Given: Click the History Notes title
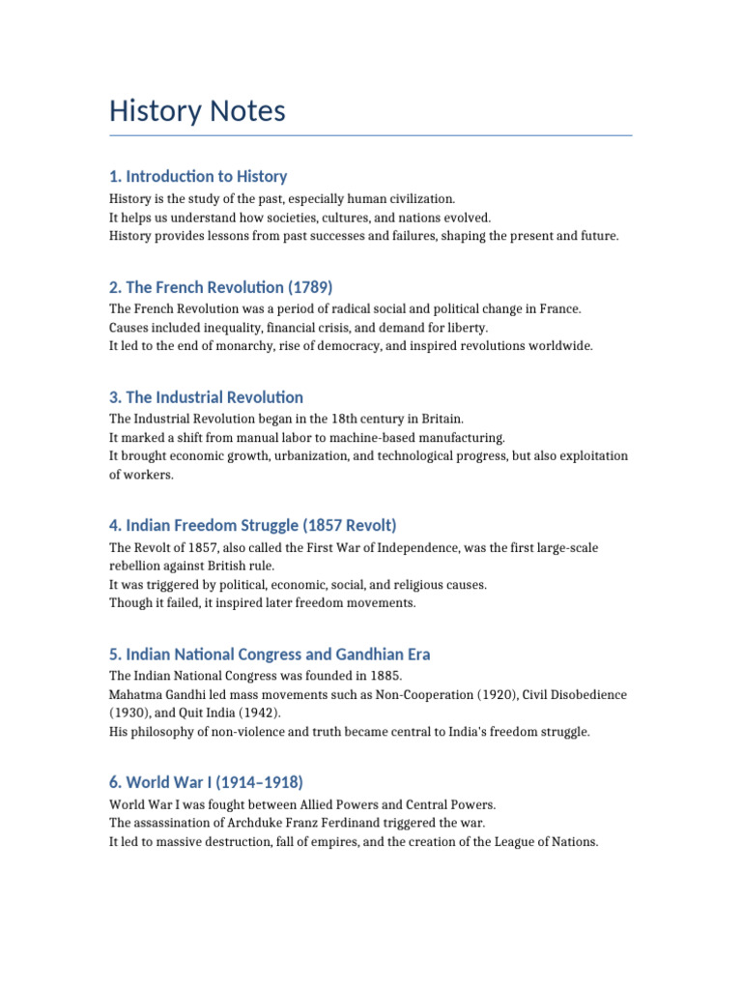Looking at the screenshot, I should (x=197, y=111).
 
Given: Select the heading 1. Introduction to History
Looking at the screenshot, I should (x=198, y=176).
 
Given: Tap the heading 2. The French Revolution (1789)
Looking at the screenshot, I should (x=221, y=287).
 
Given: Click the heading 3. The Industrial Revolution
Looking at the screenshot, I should (x=206, y=397).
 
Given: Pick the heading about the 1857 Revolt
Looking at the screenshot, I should (x=253, y=525).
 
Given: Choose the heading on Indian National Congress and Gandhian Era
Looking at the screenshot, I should (x=270, y=654).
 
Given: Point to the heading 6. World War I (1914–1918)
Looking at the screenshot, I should (x=206, y=782).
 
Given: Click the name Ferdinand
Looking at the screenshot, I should (x=356, y=823).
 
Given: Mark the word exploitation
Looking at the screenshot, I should (x=593, y=455).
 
